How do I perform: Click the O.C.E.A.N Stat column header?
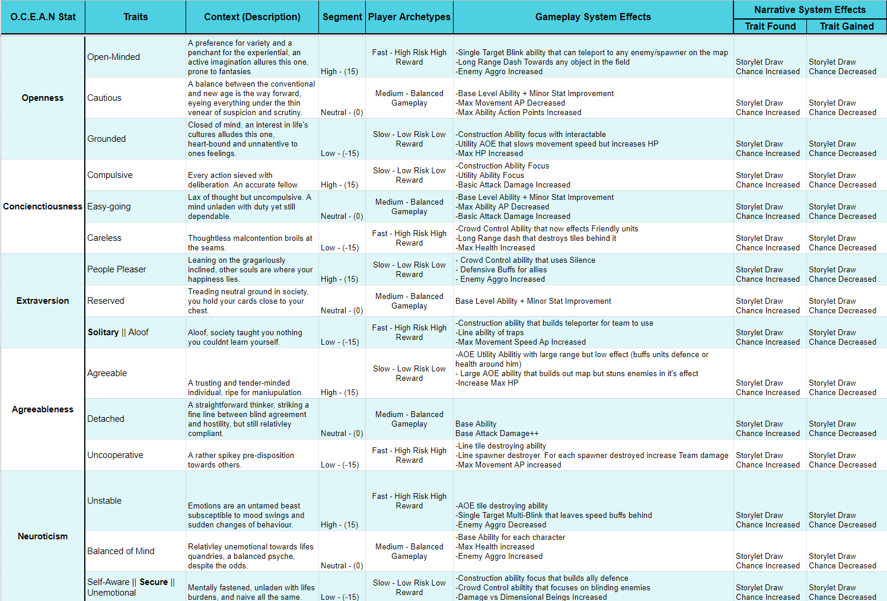43,17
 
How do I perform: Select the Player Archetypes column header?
409,17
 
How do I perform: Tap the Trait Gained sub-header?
847,26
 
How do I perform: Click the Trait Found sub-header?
770,26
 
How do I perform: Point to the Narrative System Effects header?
810,9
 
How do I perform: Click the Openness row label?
43,98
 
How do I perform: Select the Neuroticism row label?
43,536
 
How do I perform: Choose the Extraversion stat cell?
43,301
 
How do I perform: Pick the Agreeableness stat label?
43,409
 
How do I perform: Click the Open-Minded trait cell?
114,57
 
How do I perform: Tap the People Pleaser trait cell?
117,269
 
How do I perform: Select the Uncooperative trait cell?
116,455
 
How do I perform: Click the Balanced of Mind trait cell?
121,551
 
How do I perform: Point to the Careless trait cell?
104,238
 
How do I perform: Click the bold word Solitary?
103,332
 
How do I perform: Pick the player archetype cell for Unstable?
409,501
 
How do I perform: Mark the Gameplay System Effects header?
593,17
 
